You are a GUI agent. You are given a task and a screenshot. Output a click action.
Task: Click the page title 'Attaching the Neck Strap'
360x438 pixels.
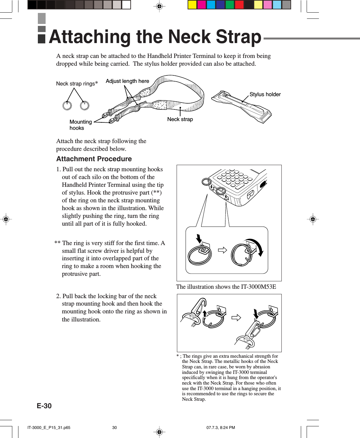pos(155,37)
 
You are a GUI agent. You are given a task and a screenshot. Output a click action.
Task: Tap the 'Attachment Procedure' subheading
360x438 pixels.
pos(94,159)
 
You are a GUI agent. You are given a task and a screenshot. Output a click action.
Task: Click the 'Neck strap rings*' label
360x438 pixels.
pos(77,84)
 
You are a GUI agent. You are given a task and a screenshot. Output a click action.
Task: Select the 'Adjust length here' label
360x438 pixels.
pos(127,81)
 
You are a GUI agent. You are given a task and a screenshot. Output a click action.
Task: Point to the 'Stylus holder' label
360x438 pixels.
pos(265,94)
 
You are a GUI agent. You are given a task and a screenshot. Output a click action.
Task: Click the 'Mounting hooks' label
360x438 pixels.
pos(81,125)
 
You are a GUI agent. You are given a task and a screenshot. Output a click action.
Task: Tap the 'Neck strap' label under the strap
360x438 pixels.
pos(180,119)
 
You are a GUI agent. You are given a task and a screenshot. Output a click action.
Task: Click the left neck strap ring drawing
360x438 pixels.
pos(67,106)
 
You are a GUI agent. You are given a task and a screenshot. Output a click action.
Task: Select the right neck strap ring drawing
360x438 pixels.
pos(84,106)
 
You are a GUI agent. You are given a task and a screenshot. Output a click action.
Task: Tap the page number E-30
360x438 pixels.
pos(44,406)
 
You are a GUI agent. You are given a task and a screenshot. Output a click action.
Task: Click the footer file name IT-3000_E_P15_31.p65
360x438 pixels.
pos(49,428)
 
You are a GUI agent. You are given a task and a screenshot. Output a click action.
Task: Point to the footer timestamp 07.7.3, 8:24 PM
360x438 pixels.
pos(221,428)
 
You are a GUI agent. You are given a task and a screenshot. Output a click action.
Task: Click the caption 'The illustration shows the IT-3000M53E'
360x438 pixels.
pos(226,287)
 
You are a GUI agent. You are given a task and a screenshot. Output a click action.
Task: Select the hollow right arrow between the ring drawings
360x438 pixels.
pos(222,250)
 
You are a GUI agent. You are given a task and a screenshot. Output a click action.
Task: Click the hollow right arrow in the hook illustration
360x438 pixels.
pos(236,318)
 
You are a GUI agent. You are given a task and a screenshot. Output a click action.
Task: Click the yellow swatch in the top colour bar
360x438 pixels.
pos(192,5)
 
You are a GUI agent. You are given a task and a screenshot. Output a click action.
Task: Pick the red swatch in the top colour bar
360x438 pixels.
pos(239,5)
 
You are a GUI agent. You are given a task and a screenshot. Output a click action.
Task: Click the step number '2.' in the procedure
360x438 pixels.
pos(59,296)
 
